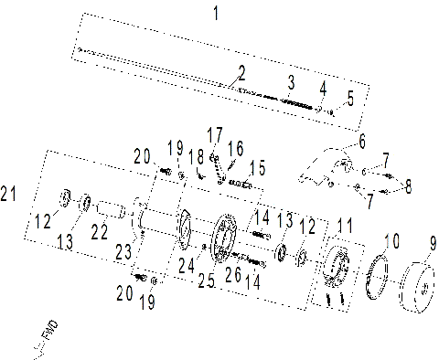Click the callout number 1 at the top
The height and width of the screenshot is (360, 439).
[x=215, y=13]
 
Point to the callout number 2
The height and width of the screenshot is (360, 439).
[x=241, y=72]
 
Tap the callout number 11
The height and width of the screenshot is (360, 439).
[x=344, y=225]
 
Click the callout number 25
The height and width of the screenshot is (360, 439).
[x=207, y=282]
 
